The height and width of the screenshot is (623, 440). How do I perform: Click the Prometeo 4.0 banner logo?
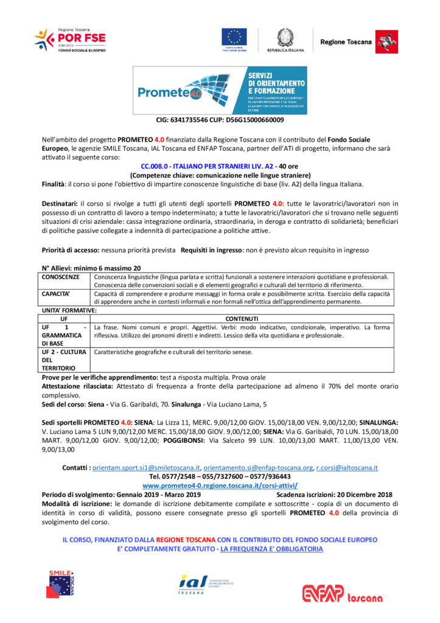click(x=220, y=90)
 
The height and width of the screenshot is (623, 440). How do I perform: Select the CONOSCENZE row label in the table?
click(x=61, y=277)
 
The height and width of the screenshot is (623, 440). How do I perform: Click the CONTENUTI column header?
click(x=242, y=318)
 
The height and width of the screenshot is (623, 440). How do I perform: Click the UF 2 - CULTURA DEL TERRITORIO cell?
click(x=65, y=360)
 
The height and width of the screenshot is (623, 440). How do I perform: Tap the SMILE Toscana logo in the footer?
click(x=64, y=585)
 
